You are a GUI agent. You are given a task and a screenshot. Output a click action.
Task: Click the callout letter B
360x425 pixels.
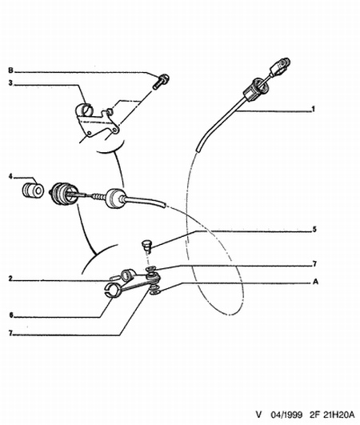(x=10, y=70)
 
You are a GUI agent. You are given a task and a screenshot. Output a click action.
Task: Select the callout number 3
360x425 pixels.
(x=10, y=83)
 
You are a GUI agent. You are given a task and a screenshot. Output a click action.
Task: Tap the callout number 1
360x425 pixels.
(x=314, y=109)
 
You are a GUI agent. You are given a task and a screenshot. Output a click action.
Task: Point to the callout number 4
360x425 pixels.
(x=10, y=177)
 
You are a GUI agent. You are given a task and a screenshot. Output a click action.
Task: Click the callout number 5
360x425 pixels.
(x=314, y=229)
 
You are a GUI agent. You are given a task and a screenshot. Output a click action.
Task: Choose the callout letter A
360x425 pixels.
(x=315, y=282)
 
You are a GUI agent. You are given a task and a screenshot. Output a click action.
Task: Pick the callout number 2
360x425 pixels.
(x=10, y=279)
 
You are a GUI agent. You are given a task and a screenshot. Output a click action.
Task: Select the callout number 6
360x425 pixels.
(x=11, y=315)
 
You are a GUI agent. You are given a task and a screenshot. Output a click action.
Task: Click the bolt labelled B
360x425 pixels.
(x=161, y=82)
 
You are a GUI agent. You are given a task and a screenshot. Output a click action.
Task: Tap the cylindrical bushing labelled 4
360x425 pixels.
(x=33, y=190)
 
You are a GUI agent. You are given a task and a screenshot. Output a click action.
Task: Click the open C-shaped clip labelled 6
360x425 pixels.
(x=112, y=290)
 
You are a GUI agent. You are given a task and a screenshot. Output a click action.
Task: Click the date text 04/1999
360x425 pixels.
(x=286, y=415)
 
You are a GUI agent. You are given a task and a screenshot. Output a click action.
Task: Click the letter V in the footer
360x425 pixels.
(x=259, y=415)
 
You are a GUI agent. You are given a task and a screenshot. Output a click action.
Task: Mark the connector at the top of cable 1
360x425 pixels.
(x=280, y=67)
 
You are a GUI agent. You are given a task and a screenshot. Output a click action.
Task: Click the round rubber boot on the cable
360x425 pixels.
(x=115, y=198)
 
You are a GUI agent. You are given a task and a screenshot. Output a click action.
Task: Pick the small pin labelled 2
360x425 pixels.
(x=114, y=278)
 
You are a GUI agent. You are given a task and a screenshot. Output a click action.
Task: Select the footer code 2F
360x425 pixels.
(x=314, y=415)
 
